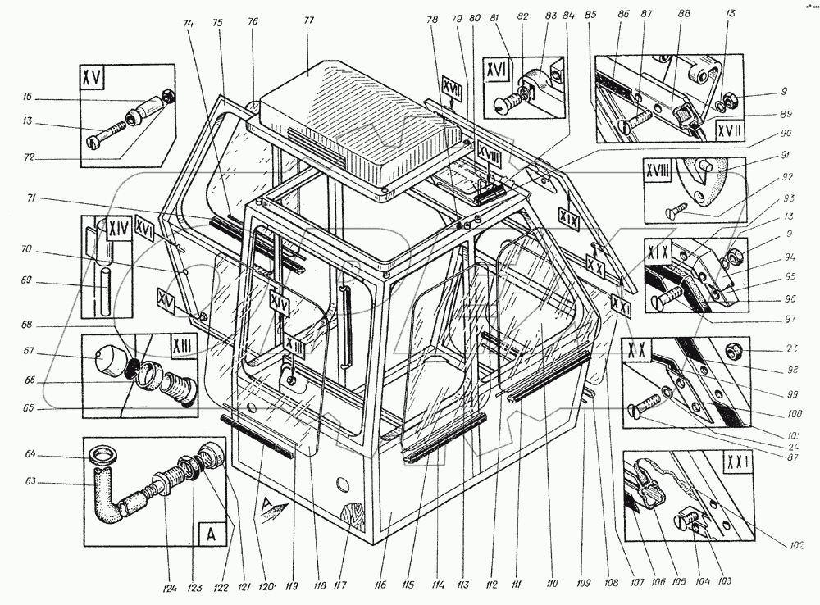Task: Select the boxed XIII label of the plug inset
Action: pos(178,350)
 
